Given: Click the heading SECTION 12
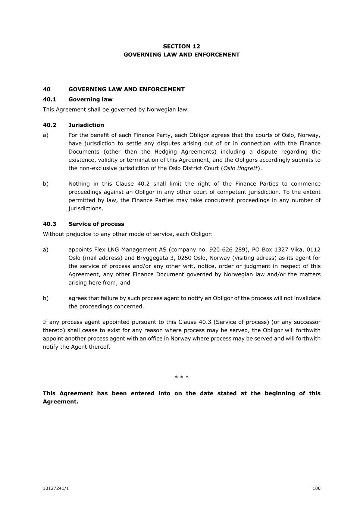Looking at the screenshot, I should (181, 46).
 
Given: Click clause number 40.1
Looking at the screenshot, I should (49, 99).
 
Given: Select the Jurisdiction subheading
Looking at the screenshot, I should (86, 125).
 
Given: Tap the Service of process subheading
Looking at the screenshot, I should (96, 224).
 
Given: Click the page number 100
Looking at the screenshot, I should (316, 488).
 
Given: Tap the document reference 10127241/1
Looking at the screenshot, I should (56, 488).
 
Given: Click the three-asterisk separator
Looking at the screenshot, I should (182, 377).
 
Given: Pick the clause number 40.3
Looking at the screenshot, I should (49, 224).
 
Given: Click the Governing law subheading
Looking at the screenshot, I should (90, 99).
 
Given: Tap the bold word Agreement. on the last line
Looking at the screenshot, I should (60, 402).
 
